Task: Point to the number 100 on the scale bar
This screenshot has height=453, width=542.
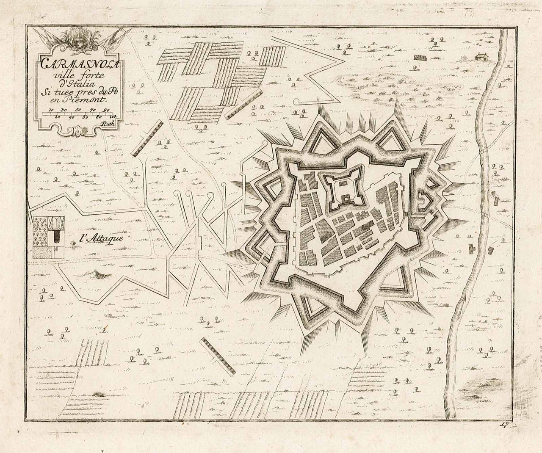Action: (113, 116)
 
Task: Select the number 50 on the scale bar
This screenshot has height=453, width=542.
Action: (78, 110)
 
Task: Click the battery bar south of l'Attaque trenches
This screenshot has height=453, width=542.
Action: (218, 356)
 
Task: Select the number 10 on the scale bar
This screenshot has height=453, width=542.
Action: (51, 110)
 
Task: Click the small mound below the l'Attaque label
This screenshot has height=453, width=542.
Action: (98, 276)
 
